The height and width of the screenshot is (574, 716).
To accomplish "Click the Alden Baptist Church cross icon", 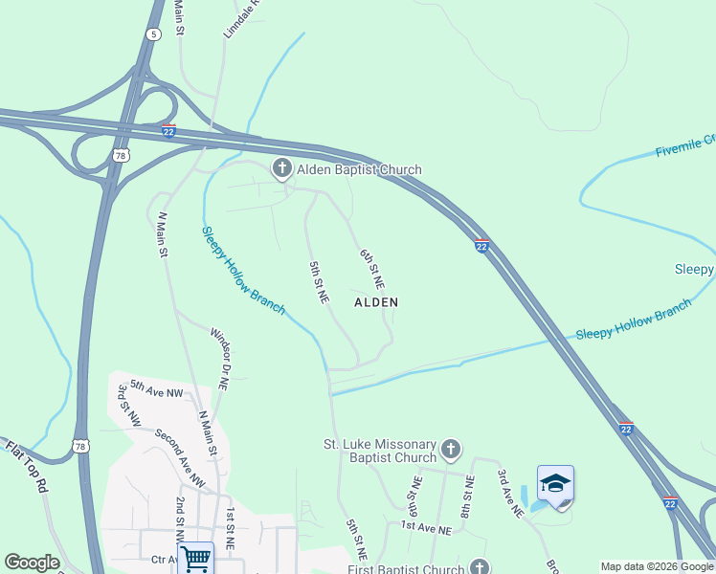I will pos(281,169).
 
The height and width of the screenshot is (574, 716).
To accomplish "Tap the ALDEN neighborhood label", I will pos(376,301).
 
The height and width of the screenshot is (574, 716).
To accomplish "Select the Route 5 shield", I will pos(153,34).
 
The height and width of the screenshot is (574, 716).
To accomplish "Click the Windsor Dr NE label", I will pos(219,358).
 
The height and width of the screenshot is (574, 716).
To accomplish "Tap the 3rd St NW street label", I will pos(128,406).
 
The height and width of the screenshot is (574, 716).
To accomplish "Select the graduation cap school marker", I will pos(555,484).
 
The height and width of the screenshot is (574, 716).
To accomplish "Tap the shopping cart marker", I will pos(195,557).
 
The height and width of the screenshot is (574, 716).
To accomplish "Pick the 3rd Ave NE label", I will pos(510,493).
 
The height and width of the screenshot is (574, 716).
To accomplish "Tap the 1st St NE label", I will pos(230,528).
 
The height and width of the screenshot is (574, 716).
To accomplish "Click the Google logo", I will pos(32,563).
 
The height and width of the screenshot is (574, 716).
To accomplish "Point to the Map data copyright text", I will pos(657,566).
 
